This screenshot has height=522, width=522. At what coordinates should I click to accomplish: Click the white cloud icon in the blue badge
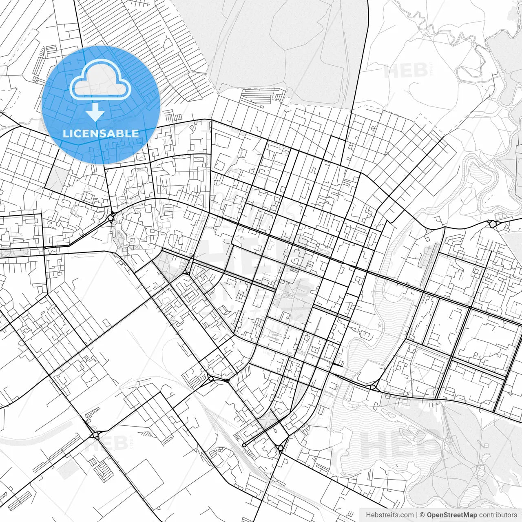click(100, 80)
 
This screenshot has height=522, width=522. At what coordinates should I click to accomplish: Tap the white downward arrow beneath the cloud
click(95, 112)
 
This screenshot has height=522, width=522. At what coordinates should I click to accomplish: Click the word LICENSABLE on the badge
click(100, 133)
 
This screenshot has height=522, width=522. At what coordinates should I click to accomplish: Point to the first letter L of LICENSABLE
click(65, 133)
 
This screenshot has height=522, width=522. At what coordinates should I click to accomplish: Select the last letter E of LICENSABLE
click(135, 133)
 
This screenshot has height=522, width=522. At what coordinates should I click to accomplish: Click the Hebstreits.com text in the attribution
click(389, 515)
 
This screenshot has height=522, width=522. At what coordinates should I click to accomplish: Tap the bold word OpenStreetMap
click(451, 515)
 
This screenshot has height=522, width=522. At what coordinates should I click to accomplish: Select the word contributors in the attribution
click(498, 515)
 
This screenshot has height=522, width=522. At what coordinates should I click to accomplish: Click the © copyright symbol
click(422, 515)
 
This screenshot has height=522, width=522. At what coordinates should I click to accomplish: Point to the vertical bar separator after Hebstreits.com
click(416, 515)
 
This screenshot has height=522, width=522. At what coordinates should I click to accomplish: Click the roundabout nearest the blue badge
click(111, 218)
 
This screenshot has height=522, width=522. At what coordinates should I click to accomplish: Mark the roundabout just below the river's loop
click(492, 223)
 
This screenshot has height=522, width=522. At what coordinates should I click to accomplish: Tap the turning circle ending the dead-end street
click(244, 445)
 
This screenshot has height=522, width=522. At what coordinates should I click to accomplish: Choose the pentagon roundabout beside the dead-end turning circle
click(280, 449)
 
